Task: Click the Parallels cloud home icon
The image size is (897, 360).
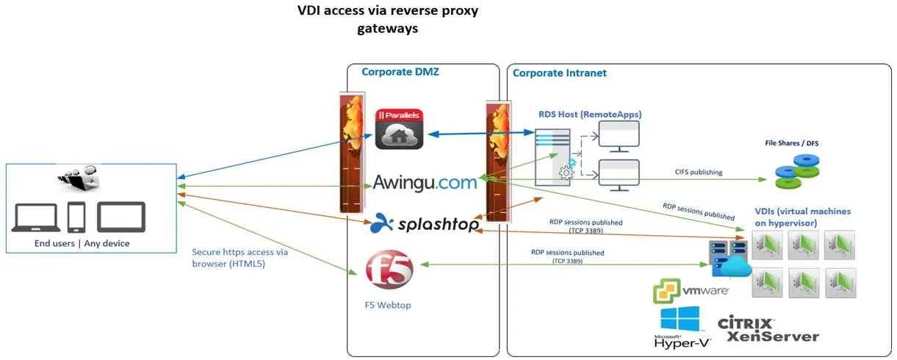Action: point(399,129)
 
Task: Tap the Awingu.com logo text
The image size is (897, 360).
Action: point(425,181)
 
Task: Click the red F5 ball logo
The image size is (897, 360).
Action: point(389,270)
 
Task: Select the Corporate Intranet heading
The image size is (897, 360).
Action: point(559,73)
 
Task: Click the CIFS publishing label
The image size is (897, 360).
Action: point(698,173)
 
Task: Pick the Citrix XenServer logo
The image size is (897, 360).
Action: point(768,330)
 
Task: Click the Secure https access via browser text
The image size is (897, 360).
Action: point(239,258)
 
